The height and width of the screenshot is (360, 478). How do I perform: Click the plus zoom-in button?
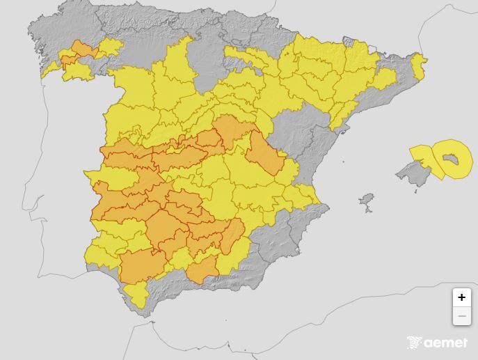(x=461, y=297)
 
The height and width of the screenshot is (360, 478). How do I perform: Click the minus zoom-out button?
(x=461, y=316)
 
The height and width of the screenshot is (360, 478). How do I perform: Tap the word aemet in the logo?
(x=446, y=342)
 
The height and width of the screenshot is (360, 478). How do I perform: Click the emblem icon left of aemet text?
(x=415, y=342)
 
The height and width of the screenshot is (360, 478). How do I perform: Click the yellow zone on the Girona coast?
(x=417, y=66)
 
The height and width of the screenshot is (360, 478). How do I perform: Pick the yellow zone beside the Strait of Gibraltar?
(x=136, y=296)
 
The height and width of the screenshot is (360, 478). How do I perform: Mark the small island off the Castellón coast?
(x=343, y=162)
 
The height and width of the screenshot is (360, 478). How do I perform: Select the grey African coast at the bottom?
(x=209, y=341)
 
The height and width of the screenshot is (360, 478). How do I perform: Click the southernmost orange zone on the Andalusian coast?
(x=202, y=269)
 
